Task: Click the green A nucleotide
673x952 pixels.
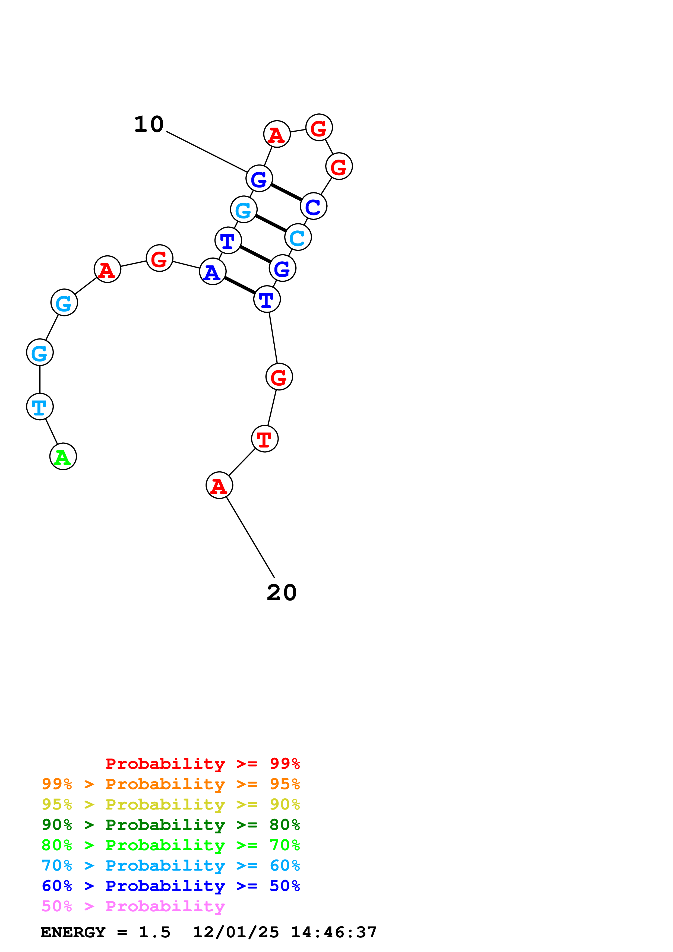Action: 63,456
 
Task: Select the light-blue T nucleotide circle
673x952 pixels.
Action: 40,407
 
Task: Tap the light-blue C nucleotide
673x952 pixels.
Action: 298,237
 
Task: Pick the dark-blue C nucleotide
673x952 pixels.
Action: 314,206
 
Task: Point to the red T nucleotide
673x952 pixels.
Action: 264,439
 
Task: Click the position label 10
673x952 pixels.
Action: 149,124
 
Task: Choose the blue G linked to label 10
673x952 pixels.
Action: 259,179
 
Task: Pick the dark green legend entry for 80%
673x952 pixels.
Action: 170,825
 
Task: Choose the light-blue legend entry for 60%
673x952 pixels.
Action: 170,865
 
